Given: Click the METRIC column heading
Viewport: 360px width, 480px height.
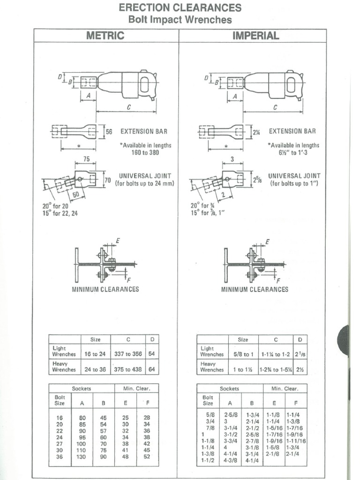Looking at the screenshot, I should click(x=106, y=36).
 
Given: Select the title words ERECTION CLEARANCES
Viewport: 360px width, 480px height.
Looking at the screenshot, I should click(x=180, y=8).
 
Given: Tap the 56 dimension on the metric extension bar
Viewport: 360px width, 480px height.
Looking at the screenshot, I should click(x=109, y=132).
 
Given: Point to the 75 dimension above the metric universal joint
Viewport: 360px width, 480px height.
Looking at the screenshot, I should click(x=86, y=159).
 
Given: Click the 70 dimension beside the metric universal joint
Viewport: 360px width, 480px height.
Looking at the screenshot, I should click(x=107, y=180).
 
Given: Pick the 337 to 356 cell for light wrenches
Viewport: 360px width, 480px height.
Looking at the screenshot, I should click(x=128, y=354).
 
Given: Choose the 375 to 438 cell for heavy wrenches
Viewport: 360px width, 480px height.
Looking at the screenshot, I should click(x=128, y=369).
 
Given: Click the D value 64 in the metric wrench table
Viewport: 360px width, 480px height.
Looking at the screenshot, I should click(x=151, y=369).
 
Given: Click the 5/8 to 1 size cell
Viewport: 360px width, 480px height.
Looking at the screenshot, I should click(x=243, y=354).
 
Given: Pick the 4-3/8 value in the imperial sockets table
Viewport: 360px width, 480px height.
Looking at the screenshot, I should click(x=229, y=461).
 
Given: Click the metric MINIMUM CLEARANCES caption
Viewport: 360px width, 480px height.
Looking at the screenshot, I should click(x=105, y=289).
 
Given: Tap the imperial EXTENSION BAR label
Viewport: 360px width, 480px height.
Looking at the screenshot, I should click(x=292, y=132).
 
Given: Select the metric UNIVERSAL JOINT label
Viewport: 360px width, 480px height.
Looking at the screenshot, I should click(x=145, y=176).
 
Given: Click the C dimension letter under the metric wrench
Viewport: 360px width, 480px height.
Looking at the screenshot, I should click(x=127, y=107).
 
